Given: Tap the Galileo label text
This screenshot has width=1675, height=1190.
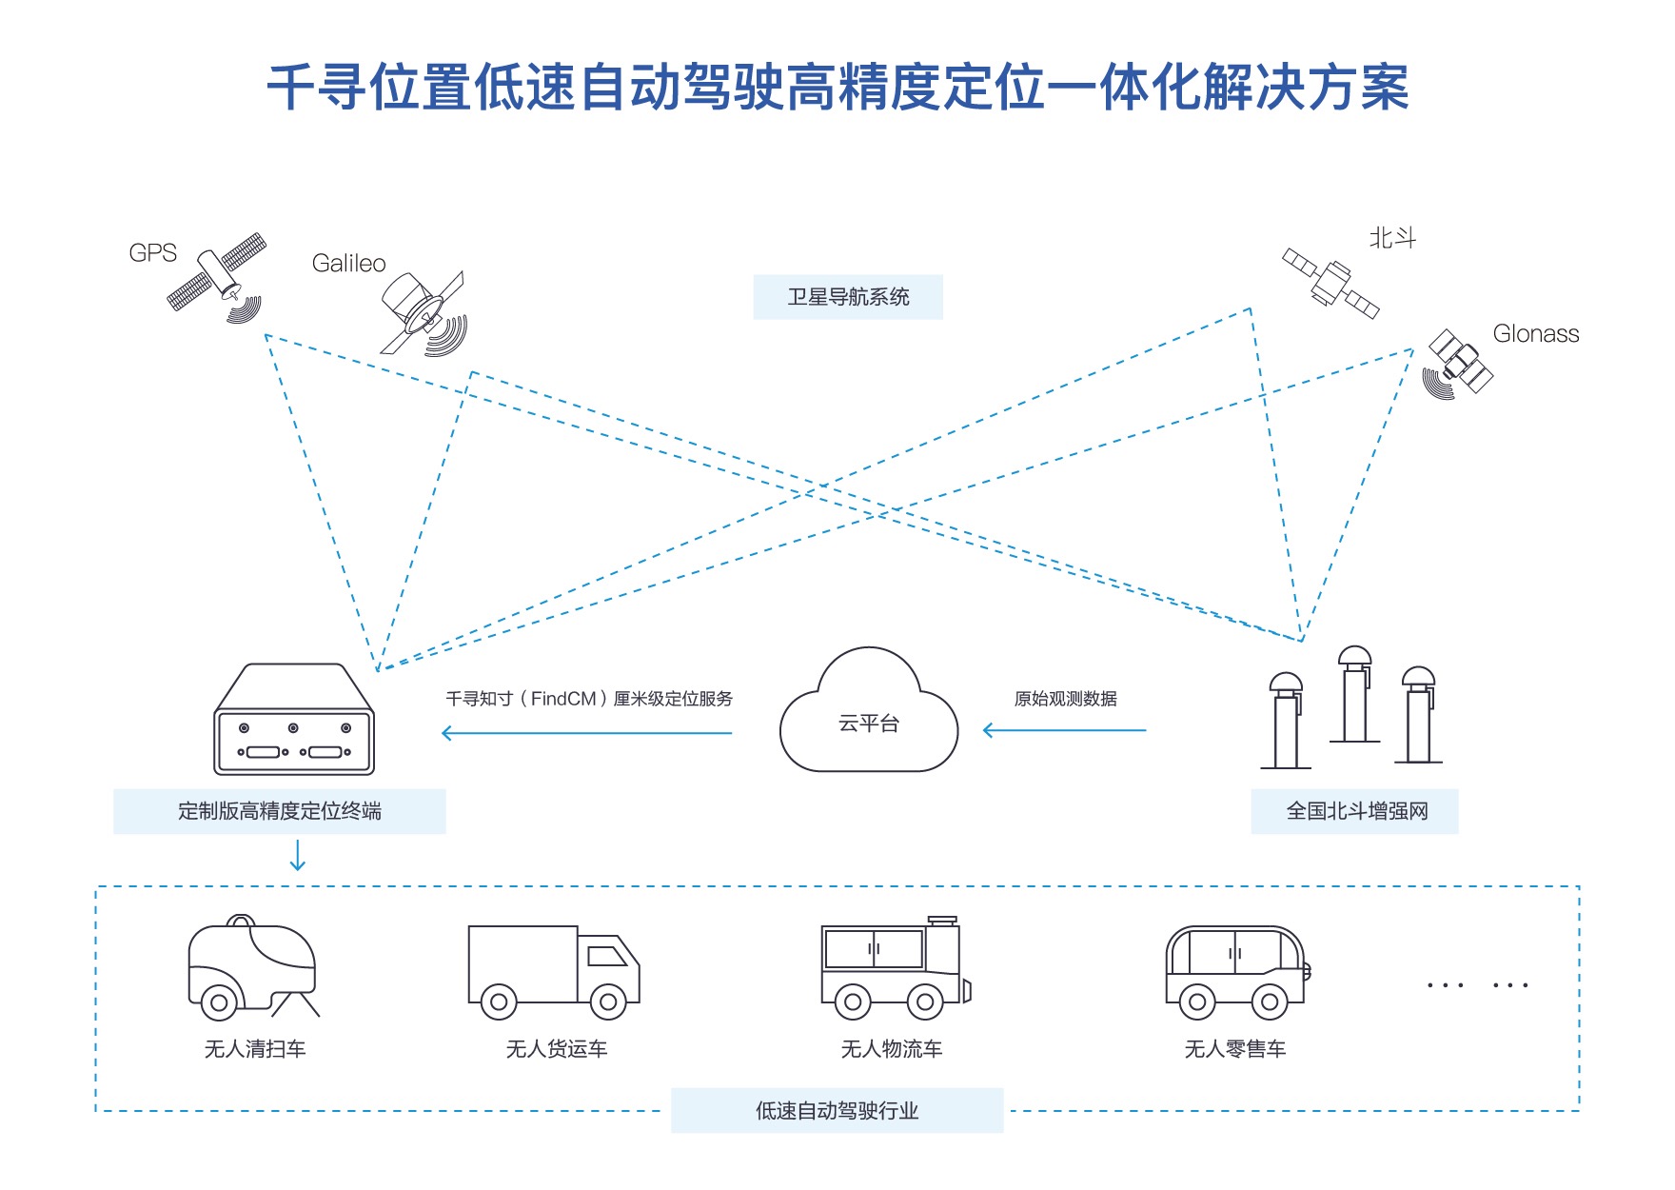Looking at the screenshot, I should (348, 264).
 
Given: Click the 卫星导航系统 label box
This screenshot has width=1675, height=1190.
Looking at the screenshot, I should (848, 297).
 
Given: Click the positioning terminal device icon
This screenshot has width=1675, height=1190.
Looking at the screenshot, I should (295, 720).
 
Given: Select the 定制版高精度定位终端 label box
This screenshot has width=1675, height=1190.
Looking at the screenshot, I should (280, 811).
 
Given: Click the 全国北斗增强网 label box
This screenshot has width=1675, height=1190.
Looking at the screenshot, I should (1355, 811).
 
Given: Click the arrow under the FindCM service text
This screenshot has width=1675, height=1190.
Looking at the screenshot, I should (587, 732).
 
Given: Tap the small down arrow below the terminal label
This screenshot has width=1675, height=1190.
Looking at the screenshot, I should (298, 855).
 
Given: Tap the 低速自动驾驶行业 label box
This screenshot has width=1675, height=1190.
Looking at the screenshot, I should (837, 1110).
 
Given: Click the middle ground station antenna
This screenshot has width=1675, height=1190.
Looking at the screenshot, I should (1354, 695).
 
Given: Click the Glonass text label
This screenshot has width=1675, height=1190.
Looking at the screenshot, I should (1535, 334).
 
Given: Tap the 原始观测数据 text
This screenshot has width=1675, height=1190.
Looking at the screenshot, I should (1065, 699).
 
